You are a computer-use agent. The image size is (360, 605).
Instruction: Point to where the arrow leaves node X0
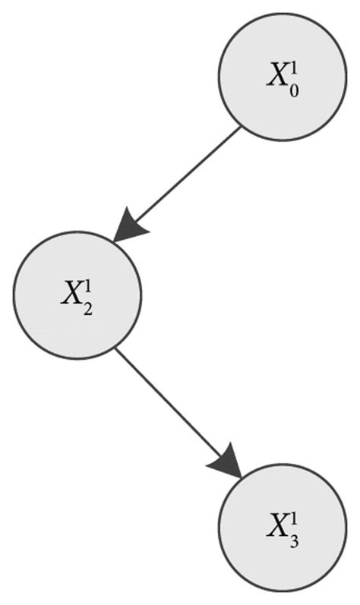(240, 128)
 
